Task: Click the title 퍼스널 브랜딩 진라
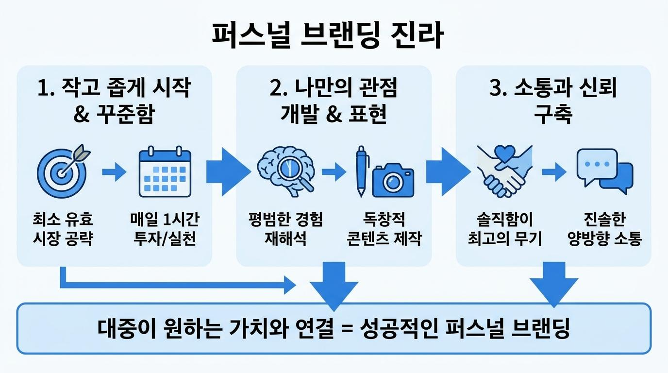[327, 35]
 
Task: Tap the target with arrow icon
[62, 172]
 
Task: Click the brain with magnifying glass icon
[285, 171]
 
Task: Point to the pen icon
[362, 171]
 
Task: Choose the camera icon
[393, 180]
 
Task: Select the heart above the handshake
[504, 153]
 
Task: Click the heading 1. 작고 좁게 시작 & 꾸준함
[114, 101]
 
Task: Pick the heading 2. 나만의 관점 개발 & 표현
[334, 101]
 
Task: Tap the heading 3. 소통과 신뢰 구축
[553, 101]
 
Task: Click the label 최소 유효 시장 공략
[63, 229]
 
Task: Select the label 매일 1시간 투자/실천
[165, 229]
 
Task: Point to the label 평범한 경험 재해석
[285, 229]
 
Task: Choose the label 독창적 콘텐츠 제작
[384, 229]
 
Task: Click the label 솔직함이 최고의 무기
[504, 229]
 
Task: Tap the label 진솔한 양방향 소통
[604, 229]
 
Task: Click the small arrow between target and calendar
[114, 172]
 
